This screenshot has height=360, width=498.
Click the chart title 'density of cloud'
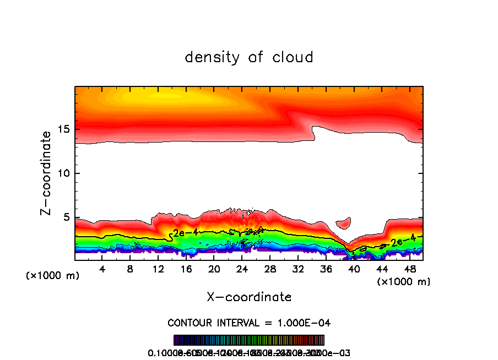[249, 57]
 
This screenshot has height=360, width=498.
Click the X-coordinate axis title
[249, 297]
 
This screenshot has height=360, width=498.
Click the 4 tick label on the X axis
[102, 269]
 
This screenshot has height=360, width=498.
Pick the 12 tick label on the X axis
[158, 269]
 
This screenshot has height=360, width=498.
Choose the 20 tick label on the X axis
[214, 269]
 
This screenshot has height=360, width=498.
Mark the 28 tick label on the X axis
[270, 269]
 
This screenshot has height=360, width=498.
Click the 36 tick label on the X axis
[326, 269]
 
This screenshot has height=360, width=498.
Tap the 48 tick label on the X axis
[409, 269]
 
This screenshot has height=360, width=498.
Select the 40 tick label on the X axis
[354, 269]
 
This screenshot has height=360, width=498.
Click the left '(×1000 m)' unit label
[52, 276]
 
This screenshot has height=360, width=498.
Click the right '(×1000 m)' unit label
[404, 282]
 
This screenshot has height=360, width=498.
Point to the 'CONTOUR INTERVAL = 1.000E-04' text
[249, 322]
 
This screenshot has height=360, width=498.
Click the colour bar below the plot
[249, 340]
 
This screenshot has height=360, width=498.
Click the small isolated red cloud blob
[343, 223]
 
